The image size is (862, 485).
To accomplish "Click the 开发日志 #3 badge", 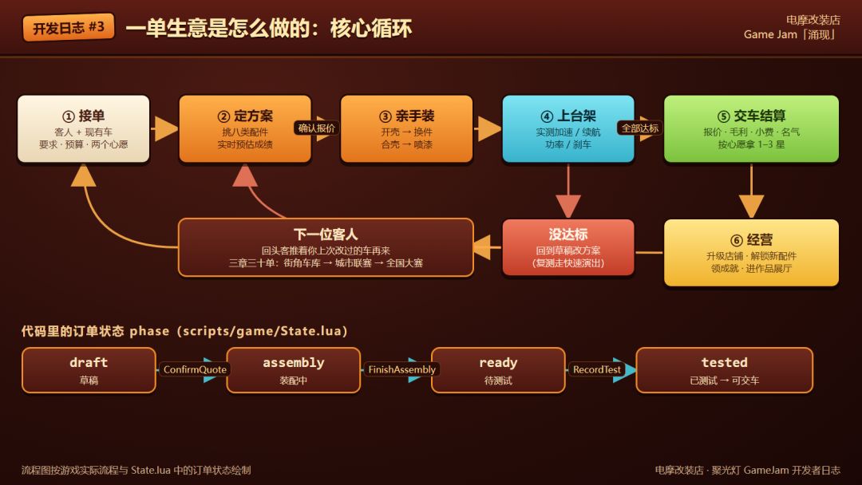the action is (69, 27).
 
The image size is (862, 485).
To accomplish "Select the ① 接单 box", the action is (84, 129).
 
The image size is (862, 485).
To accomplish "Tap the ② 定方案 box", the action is (245, 129).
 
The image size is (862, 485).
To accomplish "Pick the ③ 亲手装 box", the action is (407, 129).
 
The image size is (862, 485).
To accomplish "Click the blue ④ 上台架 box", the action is (568, 129).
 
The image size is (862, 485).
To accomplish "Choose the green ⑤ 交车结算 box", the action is (752, 129).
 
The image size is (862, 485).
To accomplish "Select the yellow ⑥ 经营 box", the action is (752, 253).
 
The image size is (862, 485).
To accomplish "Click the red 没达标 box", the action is (568, 247).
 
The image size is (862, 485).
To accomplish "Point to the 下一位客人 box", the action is (326, 247).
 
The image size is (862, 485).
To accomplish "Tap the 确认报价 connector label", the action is (317, 128).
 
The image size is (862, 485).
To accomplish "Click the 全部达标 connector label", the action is (640, 128).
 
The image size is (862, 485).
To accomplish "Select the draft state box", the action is (89, 370).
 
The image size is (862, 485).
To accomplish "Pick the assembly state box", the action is (294, 370).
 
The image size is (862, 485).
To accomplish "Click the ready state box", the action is (498, 370).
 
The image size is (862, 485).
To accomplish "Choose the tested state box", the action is (725, 370).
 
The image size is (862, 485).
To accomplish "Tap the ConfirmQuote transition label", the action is (195, 369).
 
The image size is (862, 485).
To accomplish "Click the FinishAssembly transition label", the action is (401, 369).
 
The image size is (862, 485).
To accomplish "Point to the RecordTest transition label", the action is (596, 369).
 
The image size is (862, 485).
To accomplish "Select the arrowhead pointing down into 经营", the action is (752, 207).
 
